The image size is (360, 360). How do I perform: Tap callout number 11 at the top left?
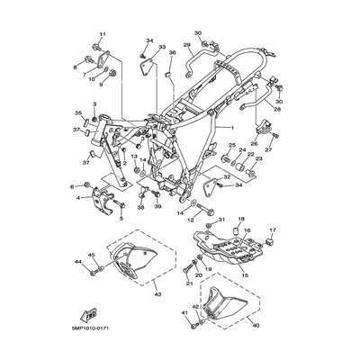pos(102,34)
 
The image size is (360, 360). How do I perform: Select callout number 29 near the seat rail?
pos(187,44)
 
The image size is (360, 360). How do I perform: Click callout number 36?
pos(171,53)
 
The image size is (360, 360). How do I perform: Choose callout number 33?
pos(162,46)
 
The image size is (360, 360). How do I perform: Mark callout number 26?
pos(254,142)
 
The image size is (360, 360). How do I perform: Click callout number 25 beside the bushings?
pos(230,145)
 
